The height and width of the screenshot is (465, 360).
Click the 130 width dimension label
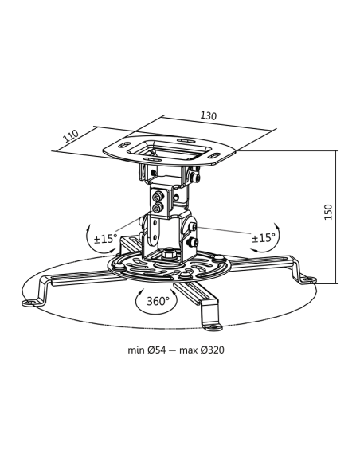[209, 116]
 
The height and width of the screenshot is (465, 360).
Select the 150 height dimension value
[327, 213]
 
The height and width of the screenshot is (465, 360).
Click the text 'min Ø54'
[150, 350]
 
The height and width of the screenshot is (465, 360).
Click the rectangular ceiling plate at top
[174, 149]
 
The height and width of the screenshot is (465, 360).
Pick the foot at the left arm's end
[34, 302]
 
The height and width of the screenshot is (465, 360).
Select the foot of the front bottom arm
[213, 323]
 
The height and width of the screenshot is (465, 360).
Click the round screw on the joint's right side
[194, 229]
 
